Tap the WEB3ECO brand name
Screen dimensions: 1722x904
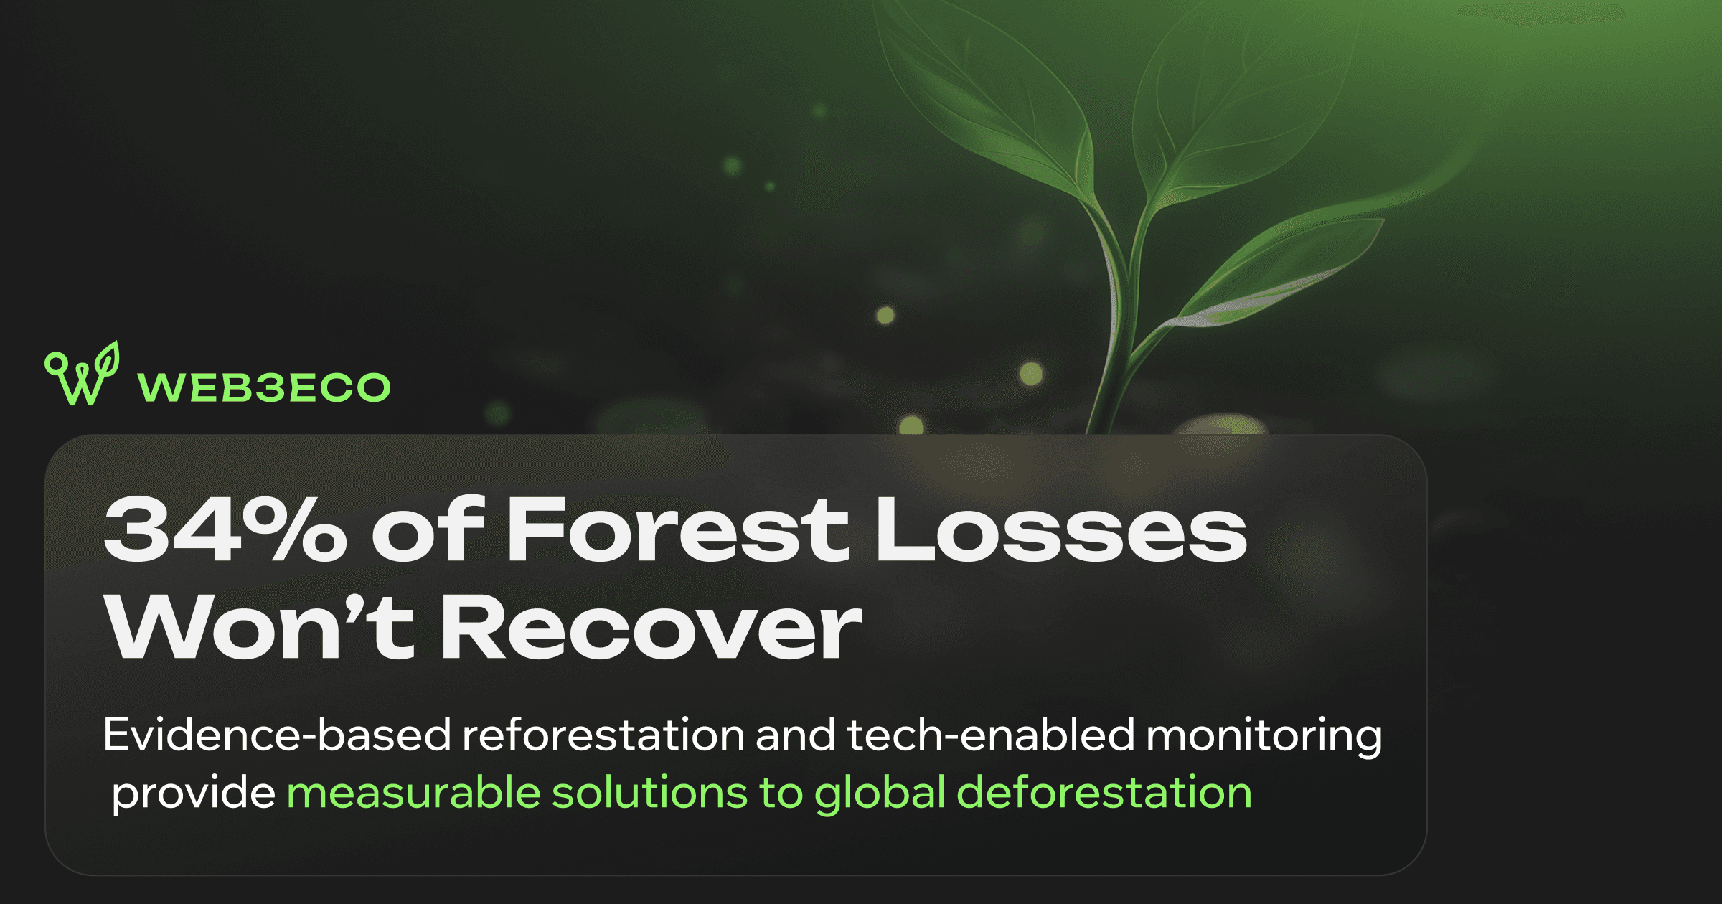tap(264, 387)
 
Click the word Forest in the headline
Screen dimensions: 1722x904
tap(678, 529)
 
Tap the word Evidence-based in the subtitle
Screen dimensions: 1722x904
tap(277, 735)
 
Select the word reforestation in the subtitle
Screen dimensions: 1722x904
tap(603, 735)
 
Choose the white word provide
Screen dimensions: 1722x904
tap(194, 794)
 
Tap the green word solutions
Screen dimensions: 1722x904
tap(651, 792)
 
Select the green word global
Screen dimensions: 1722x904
tap(880, 794)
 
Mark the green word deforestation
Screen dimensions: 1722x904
tap(1104, 792)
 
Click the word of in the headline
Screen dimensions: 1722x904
tap(428, 529)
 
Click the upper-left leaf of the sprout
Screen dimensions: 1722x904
tap(990, 100)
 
